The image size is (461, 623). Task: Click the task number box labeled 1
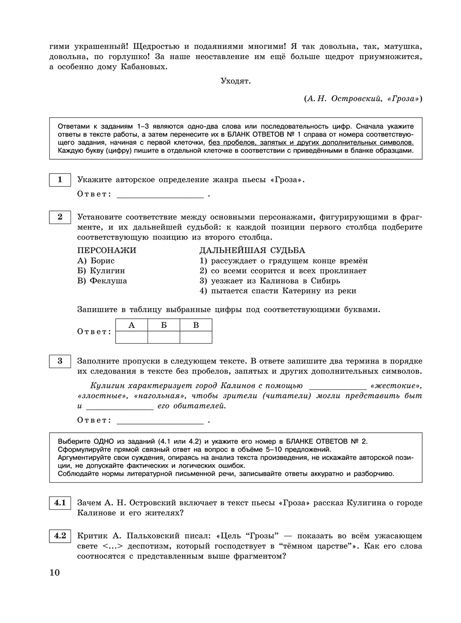(x=60, y=180)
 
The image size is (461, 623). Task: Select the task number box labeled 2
(x=60, y=217)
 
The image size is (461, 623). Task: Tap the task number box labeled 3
(x=60, y=361)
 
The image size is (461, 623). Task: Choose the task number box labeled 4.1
(x=60, y=502)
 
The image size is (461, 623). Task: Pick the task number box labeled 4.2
(x=60, y=536)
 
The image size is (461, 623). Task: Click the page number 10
(x=54, y=573)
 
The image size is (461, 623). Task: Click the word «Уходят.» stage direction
(x=236, y=81)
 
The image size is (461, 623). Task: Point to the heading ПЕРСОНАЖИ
(x=106, y=250)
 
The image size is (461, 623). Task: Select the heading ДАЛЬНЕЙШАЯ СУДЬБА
(x=252, y=250)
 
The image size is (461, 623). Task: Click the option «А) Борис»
(x=96, y=260)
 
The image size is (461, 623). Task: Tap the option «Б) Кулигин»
(x=101, y=271)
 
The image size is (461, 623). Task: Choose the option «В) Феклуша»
(x=102, y=281)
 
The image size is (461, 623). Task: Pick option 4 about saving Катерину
(x=278, y=291)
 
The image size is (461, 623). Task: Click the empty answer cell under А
(x=131, y=338)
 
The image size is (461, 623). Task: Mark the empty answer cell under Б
(x=164, y=338)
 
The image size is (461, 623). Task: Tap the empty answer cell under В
(x=196, y=338)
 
